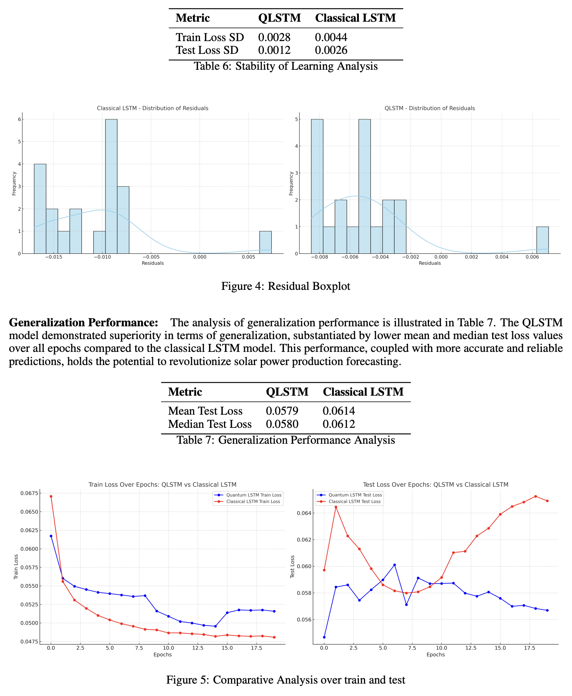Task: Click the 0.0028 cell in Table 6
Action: tap(274, 37)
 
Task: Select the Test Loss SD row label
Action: tap(207, 50)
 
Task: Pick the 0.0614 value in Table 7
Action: tap(338, 411)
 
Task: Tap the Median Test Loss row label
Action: tap(210, 424)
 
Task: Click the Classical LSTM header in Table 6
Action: tap(355, 18)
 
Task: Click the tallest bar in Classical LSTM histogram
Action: tap(111, 186)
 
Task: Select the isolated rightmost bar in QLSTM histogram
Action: tap(542, 240)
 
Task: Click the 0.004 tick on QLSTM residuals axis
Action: tap(501, 257)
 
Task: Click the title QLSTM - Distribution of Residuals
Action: tap(429, 108)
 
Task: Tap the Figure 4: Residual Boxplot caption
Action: tap(286, 286)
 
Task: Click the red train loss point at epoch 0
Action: tap(51, 496)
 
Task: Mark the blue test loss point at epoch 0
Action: tap(324, 637)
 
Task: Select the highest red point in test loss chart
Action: tap(536, 496)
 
